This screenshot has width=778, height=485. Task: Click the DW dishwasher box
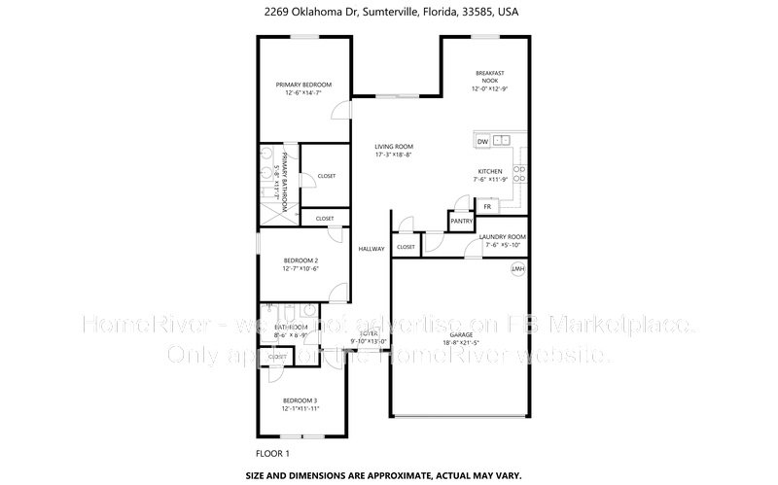tap(482, 142)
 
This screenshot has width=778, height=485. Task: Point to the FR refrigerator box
tap(488, 207)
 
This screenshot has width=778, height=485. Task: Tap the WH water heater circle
tap(517, 269)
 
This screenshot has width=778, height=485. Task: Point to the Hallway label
tap(371, 249)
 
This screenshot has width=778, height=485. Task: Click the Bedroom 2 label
tap(301, 260)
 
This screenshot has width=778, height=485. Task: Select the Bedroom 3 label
tap(300, 400)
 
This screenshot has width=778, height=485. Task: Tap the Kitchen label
tap(489, 171)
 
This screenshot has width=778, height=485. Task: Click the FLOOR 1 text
tap(271, 453)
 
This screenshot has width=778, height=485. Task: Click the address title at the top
tap(388, 14)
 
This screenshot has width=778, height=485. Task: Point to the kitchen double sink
tap(501, 141)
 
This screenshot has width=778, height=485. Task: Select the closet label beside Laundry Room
tap(406, 247)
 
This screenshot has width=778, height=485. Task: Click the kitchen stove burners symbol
tap(518, 175)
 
